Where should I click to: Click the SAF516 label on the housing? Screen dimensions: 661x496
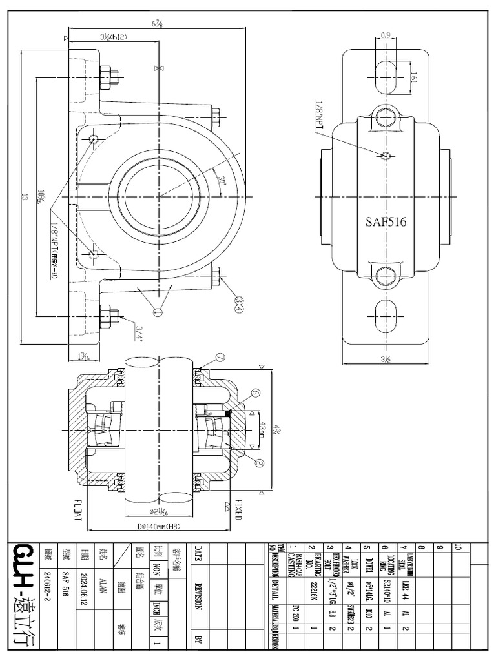click(x=385, y=221)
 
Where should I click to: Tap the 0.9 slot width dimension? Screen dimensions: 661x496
click(x=386, y=36)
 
